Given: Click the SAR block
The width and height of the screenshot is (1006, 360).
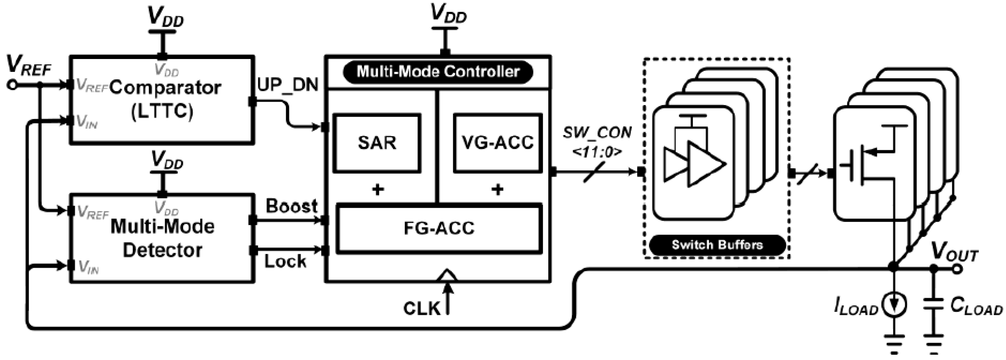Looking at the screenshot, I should (x=377, y=143).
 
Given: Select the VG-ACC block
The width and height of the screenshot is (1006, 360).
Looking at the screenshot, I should (x=497, y=143).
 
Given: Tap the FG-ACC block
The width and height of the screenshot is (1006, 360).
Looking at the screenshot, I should (x=439, y=228).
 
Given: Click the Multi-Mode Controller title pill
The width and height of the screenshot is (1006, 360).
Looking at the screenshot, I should (x=438, y=72).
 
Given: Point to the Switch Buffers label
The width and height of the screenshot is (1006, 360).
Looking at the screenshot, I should (x=717, y=245).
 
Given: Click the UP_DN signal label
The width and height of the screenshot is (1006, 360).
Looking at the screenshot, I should (x=288, y=85).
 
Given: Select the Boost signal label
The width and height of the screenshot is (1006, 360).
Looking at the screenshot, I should (x=291, y=206).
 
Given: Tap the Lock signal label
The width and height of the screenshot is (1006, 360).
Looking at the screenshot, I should (x=285, y=262).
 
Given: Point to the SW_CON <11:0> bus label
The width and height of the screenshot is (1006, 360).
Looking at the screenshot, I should (x=597, y=142).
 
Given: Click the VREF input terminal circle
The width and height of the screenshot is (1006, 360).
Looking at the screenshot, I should (x=12, y=85).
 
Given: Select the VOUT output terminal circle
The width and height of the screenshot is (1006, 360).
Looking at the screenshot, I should (x=957, y=269).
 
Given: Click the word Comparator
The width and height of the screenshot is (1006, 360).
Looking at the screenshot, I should (x=165, y=88).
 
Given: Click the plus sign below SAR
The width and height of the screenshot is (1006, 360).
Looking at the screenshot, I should (x=377, y=190).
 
